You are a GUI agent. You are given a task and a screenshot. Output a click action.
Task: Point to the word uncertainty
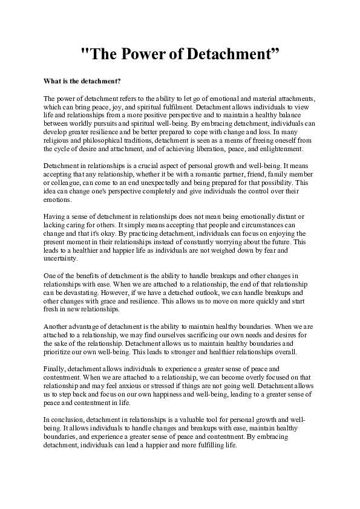pos(61,259)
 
